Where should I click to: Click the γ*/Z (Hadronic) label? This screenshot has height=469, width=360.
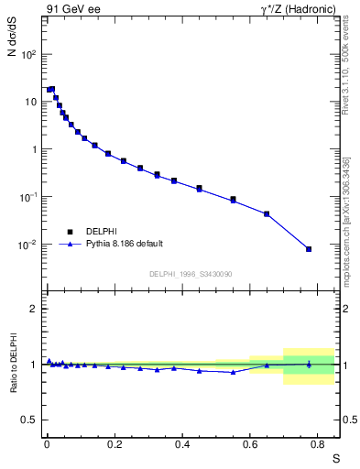coord(299,10)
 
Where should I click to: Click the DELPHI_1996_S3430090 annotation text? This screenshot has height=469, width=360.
coord(190,274)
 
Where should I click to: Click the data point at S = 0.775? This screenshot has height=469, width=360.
coord(309,249)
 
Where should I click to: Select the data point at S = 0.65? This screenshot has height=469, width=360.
coord(267,213)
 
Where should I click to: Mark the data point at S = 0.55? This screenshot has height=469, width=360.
coord(233,199)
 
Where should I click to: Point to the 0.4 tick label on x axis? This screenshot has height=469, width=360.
coord(182,443)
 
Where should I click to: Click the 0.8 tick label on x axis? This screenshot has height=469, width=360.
coord(318,443)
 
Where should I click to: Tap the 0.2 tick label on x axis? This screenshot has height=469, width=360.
coord(115,443)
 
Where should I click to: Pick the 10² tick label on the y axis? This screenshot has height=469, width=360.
coord(27,54)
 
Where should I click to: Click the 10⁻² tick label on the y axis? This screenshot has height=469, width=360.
coord(27,245)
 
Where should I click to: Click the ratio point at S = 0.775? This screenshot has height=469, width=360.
coord(309,364)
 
